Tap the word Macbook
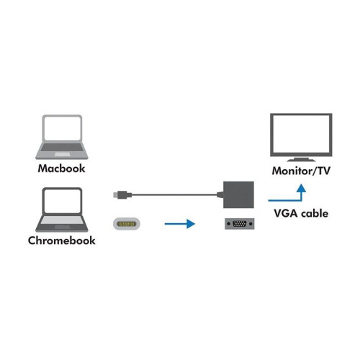coord(61,168)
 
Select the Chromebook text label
coord(63,240)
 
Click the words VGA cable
coord(302,213)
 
